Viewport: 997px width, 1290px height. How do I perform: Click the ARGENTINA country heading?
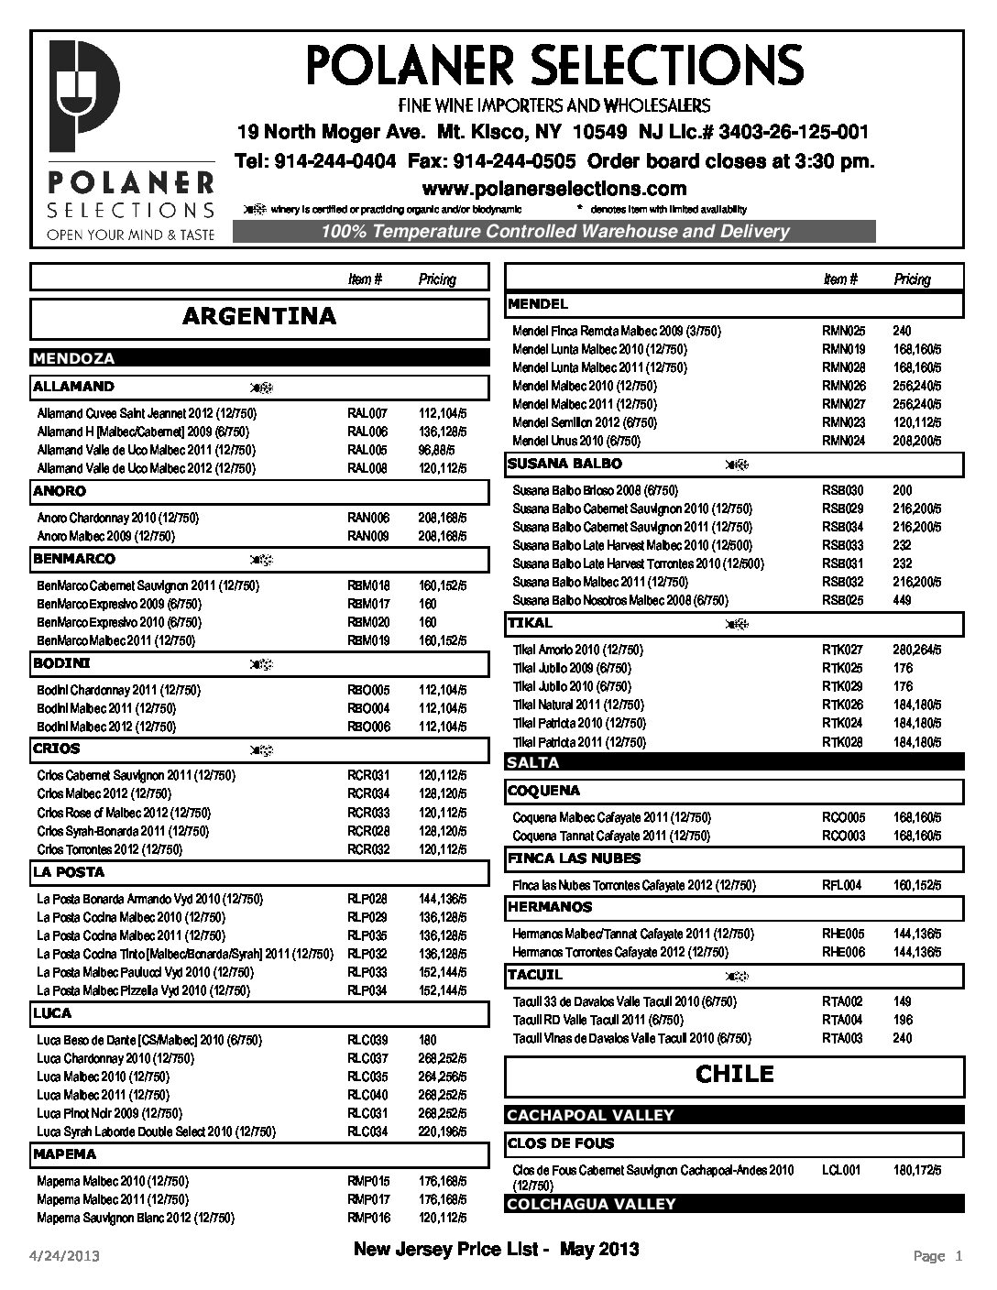pos(259,317)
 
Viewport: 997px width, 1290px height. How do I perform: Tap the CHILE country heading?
pos(734,1074)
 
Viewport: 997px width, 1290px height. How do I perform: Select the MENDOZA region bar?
pos(74,358)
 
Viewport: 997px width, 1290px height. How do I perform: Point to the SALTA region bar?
pos(532,762)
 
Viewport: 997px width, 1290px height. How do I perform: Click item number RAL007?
pos(367,413)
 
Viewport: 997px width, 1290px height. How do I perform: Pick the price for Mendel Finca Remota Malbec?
pos(902,331)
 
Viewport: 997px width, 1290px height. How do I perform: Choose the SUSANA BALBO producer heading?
pos(564,464)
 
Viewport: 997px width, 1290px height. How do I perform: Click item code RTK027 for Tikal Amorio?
pos(842,650)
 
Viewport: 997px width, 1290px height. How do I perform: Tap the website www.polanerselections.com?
pos(553,189)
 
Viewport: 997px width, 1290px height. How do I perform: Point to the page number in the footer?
pos(938,1256)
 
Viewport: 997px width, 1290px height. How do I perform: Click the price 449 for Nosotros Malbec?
pos(902,600)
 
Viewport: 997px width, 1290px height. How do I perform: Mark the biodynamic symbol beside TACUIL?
pos(733,976)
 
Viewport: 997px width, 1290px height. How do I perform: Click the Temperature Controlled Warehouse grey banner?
pos(554,232)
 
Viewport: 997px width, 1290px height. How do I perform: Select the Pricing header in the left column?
pos(437,279)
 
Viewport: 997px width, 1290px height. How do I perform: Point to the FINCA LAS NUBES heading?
pos(574,858)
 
